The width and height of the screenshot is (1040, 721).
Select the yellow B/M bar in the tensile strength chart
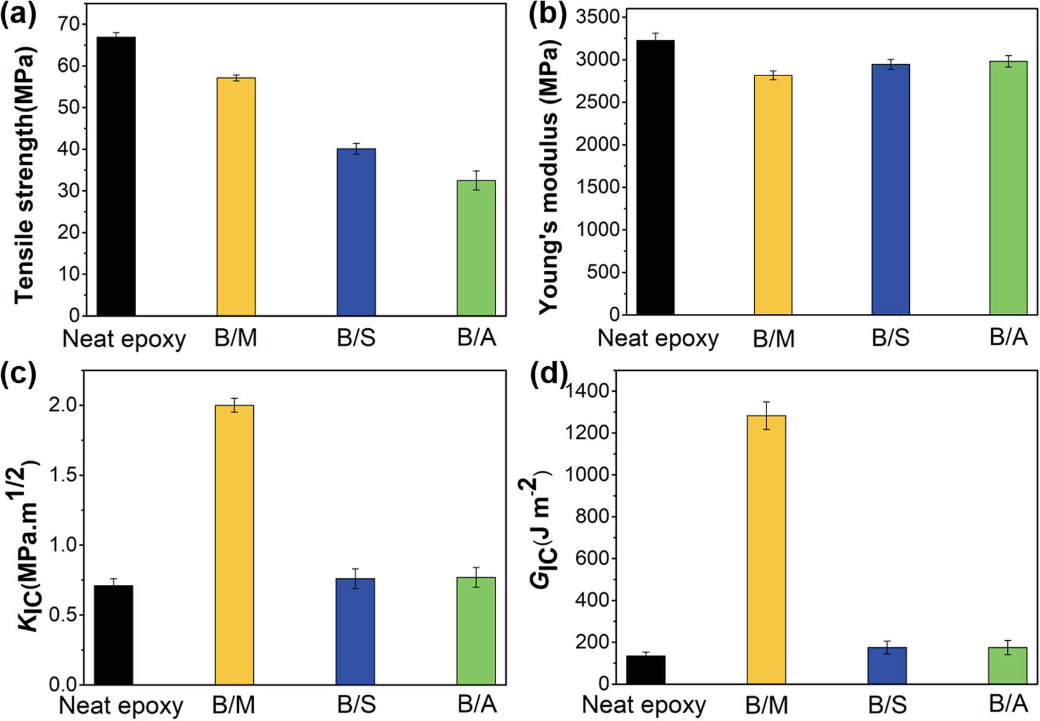coord(236,196)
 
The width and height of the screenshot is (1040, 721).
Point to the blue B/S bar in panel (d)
coord(887,665)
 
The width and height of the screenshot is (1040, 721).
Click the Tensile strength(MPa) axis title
coord(24,172)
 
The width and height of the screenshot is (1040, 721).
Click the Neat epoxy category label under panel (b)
coord(658,338)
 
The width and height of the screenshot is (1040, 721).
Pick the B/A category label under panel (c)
coord(477,704)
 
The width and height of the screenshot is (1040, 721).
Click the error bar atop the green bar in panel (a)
coord(476,180)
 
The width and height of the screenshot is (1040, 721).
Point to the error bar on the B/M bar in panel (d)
coord(766,415)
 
